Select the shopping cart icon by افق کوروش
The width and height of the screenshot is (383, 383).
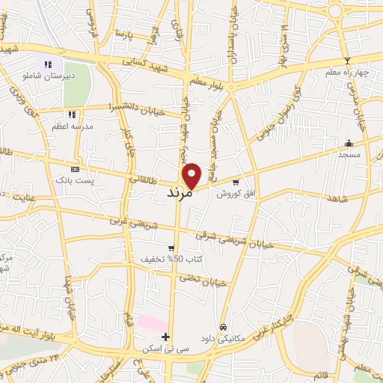tap(236, 182)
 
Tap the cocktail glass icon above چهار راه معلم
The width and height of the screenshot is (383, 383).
tap(346, 61)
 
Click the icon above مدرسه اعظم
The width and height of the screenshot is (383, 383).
tap(72, 114)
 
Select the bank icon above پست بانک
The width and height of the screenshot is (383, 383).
tap(73, 169)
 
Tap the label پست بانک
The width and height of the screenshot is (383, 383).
tap(73, 180)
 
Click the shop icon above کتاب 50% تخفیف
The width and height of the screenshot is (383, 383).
tap(171, 248)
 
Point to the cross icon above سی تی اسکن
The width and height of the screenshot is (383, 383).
tap(165, 337)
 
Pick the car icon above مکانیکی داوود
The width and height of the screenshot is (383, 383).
tap(223, 327)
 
